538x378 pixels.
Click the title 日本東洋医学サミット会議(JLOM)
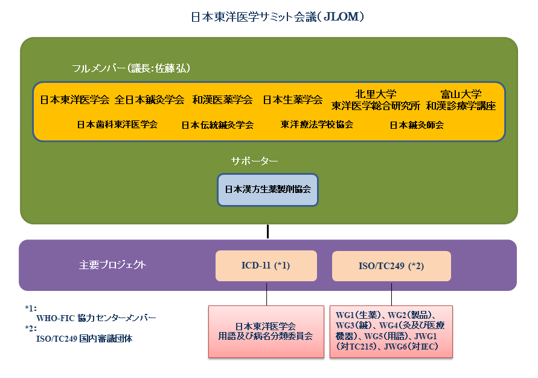277,16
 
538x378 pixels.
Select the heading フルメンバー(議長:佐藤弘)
130,68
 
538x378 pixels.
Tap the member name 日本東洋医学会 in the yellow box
74,100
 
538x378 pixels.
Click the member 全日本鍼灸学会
149,100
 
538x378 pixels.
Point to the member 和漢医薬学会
222,100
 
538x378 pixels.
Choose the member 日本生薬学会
293,100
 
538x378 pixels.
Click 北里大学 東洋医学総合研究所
376,100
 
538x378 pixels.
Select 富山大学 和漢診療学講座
461,100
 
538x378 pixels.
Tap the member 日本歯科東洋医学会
117,125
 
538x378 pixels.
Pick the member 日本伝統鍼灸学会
217,125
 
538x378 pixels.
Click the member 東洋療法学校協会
316,125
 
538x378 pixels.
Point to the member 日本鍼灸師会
417,125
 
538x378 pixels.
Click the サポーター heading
254,161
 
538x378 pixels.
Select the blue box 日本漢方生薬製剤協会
267,190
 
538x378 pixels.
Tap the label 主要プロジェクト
112,265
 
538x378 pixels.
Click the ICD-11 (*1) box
266,266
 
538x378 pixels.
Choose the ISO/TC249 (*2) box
391,266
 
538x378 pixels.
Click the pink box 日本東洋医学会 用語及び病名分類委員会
266,331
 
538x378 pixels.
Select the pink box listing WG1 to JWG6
391,331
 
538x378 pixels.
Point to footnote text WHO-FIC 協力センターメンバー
96,318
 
